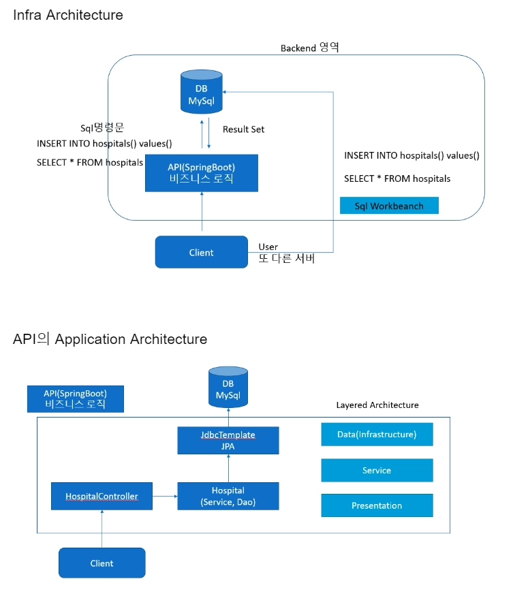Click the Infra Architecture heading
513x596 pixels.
[x=68, y=14]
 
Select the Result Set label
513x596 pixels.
[x=243, y=129]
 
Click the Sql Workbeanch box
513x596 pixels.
[x=389, y=206]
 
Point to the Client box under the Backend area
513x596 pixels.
[x=201, y=252]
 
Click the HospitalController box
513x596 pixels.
[x=102, y=497]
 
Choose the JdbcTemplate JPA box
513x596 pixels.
[x=228, y=440]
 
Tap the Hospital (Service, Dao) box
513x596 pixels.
[x=228, y=496]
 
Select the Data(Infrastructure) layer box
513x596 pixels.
[x=377, y=435]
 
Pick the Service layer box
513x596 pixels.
[x=377, y=470]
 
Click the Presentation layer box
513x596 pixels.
[x=377, y=505]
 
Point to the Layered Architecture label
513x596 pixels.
[x=377, y=405]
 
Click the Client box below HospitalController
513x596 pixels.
[x=102, y=563]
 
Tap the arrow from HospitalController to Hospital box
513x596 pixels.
[x=164, y=497]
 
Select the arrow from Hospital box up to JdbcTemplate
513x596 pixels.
[x=228, y=468]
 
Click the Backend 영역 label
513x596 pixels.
[x=310, y=48]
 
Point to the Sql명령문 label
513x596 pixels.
[x=102, y=128]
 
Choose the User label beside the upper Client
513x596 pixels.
[x=268, y=247]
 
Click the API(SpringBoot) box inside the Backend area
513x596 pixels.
[x=201, y=173]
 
